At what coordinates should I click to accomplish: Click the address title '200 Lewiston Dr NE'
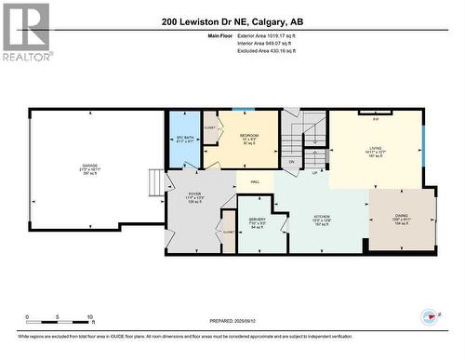232,21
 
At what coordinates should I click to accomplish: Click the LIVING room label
376,147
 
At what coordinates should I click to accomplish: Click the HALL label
254,181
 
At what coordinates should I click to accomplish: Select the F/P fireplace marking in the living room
375,120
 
